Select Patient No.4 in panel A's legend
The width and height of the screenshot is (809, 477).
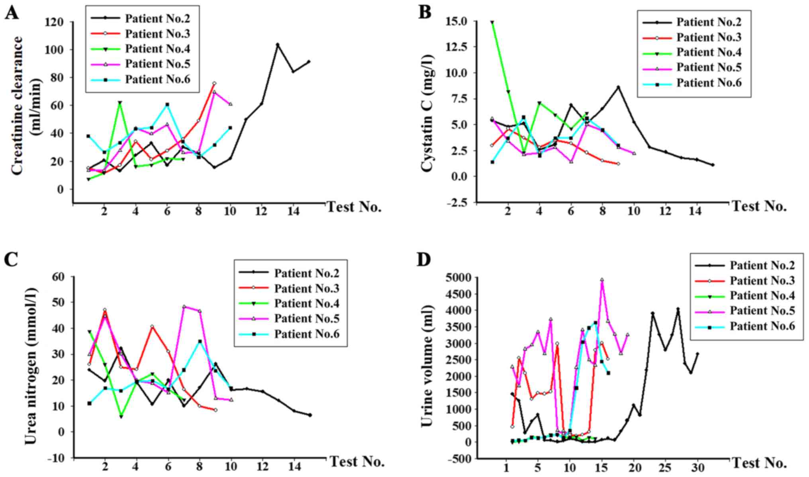pos(157,49)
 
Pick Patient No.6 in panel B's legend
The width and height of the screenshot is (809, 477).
pos(709,83)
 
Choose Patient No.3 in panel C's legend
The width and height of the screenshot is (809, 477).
pos(306,288)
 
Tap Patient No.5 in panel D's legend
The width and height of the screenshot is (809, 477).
pos(762,311)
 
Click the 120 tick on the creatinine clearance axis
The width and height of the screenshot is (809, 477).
pos(55,22)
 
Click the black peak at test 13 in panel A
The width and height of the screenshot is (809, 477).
pos(278,45)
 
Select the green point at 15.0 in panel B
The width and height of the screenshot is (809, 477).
pos(492,22)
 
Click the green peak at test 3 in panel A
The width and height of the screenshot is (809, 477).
pos(120,103)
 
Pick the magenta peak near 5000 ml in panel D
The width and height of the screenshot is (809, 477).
pos(602,280)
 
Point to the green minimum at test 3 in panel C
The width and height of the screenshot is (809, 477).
pos(121,416)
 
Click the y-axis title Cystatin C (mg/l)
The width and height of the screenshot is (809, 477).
pos(427,113)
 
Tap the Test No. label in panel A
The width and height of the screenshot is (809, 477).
pos(354,207)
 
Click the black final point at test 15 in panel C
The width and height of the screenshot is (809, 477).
pos(310,415)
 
